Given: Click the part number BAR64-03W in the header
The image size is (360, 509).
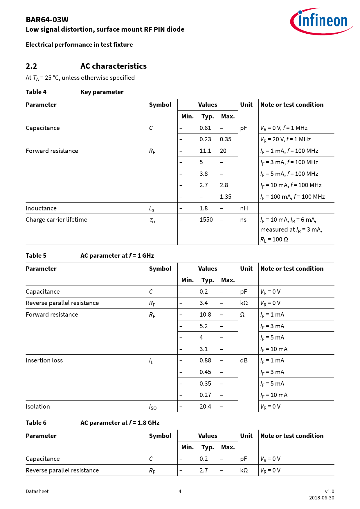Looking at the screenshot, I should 47,20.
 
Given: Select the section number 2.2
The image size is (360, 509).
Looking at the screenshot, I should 31,66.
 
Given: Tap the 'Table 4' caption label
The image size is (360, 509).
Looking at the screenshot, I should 36,92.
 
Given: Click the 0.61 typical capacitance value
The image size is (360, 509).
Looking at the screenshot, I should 205,128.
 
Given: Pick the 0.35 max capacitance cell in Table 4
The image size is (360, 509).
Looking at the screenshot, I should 226,139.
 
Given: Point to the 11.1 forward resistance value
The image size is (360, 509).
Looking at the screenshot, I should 205,151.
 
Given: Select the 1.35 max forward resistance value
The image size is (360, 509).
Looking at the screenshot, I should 226,197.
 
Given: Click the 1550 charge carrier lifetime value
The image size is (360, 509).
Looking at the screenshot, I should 206,220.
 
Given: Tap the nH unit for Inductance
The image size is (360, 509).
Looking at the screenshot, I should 244,208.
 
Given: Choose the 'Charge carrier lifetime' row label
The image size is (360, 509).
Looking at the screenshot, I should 56,220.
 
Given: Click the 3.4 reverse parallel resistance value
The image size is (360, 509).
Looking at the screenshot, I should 204,303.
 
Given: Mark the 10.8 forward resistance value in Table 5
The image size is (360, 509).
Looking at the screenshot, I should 205,315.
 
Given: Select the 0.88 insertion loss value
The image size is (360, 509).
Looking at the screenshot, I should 205,360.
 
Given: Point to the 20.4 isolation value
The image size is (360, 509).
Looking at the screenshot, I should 205,407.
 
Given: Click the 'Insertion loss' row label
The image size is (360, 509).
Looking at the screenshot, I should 44,360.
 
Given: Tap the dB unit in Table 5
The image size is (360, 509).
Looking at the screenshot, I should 244,360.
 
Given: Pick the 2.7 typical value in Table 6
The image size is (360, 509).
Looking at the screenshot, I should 204,470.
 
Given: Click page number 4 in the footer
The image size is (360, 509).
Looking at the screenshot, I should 180,491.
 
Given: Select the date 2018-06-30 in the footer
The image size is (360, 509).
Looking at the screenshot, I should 321,498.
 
